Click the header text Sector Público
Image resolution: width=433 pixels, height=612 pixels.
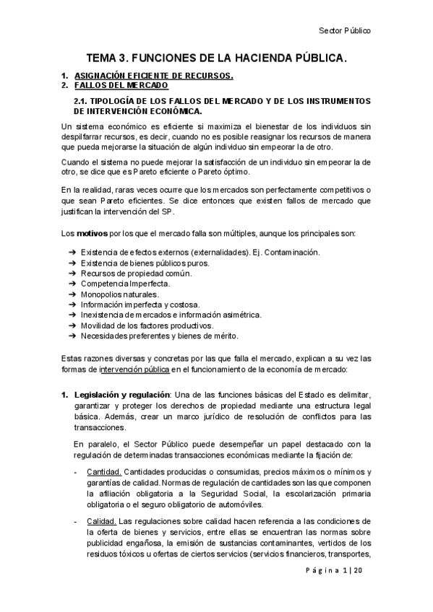coord(345,31)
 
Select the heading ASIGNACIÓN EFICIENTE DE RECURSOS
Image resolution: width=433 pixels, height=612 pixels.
coord(154,75)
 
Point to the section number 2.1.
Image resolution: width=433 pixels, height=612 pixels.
coord(83,102)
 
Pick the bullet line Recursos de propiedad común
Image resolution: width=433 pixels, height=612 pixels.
coord(137,274)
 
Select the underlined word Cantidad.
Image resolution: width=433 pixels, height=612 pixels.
coord(101,471)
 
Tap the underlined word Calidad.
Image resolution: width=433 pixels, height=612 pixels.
coord(99,520)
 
